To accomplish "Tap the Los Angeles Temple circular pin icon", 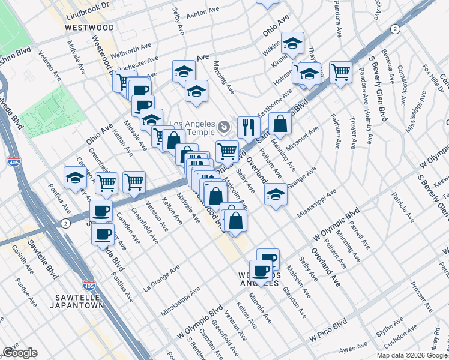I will coord(224,127).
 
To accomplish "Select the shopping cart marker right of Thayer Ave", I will coord(340,72).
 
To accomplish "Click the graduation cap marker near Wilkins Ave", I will coord(292,43).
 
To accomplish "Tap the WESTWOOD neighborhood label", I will coord(90,28).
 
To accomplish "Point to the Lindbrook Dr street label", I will coord(90,4).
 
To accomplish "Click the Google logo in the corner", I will coord(20,353).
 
